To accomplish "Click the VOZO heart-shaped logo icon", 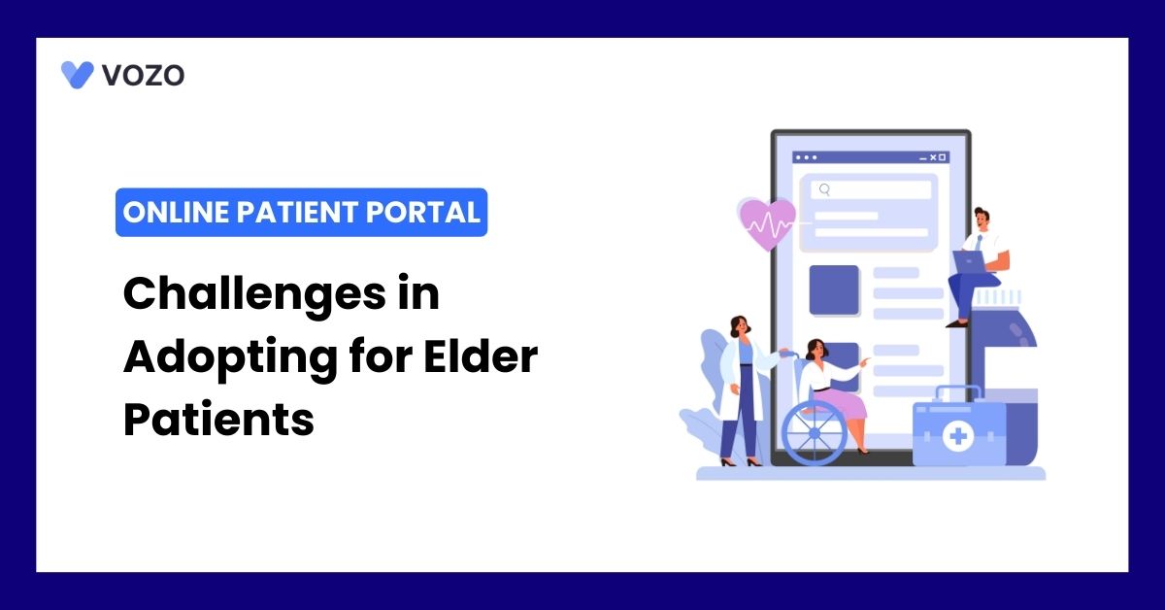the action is [77, 75].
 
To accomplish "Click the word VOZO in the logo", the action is [143, 75].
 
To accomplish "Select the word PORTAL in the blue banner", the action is [422, 213].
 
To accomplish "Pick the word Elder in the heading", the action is [481, 356].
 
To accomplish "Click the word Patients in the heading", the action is [218, 420].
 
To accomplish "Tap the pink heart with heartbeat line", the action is [766, 222].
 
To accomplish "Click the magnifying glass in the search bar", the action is [824, 189].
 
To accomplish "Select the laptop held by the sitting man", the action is [969, 262].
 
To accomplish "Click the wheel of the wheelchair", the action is [815, 433].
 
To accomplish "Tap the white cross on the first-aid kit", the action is [958, 436].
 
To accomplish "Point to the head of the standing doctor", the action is [740, 326].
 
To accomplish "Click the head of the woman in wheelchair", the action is [816, 350].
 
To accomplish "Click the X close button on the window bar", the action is [933, 157].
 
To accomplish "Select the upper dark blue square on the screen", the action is [834, 289].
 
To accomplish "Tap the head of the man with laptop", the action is [982, 219].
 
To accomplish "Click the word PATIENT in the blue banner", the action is [297, 213].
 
